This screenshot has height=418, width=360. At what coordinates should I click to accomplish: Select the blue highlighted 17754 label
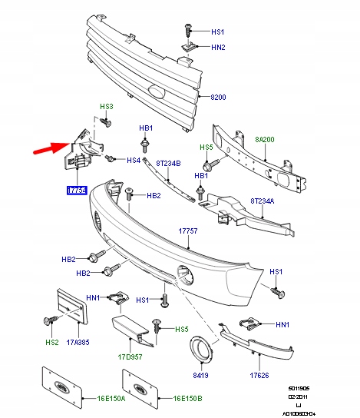coord(76,189)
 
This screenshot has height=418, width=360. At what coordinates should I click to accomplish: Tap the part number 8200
coord(220,98)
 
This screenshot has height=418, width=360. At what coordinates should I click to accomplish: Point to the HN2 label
coord(218,48)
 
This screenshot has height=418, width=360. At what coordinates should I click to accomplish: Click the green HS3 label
coord(106,106)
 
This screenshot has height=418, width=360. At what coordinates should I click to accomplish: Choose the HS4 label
coord(134,161)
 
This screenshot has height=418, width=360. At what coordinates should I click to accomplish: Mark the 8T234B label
coord(168,163)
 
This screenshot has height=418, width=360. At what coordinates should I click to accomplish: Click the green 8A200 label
coord(266,139)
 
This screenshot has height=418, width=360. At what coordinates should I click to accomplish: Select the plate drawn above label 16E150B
coord(138,391)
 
